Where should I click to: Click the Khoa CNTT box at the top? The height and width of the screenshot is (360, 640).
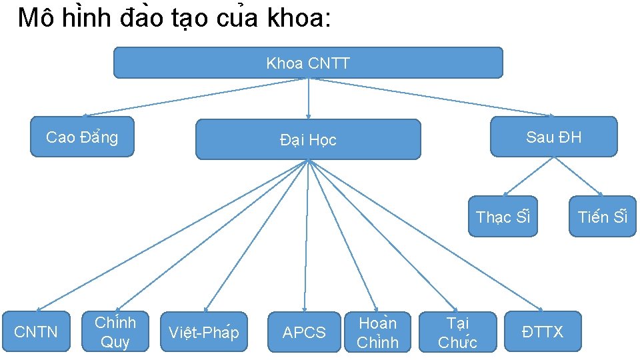pyautogui.click(x=308, y=63)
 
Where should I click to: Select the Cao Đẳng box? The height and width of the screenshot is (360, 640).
pyautogui.click(x=82, y=137)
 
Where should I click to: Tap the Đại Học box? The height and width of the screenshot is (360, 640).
pyautogui.click(x=308, y=139)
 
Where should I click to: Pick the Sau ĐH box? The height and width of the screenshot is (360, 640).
pyautogui.click(x=553, y=137)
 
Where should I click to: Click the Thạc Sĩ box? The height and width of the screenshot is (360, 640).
pyautogui.click(x=502, y=217)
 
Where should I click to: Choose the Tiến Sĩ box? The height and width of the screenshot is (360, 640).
pyautogui.click(x=602, y=217)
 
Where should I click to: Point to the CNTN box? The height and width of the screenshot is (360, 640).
pyautogui.click(x=36, y=331)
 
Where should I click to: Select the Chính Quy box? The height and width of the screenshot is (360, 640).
pyautogui.click(x=115, y=331)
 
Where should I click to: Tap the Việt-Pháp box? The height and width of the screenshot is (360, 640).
pyautogui.click(x=203, y=331)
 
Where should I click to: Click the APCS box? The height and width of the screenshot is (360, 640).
pyautogui.click(x=304, y=331)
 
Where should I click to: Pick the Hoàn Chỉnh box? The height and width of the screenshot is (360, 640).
pyautogui.click(x=377, y=331)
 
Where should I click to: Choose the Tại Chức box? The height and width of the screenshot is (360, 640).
pyautogui.click(x=457, y=331)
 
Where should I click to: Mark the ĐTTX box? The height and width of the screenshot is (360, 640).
pyautogui.click(x=543, y=331)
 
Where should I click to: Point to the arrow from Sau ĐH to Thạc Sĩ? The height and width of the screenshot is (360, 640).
pyautogui.click(x=527, y=176)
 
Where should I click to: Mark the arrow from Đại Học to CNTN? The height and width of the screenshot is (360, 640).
pyautogui.click(x=173, y=235)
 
